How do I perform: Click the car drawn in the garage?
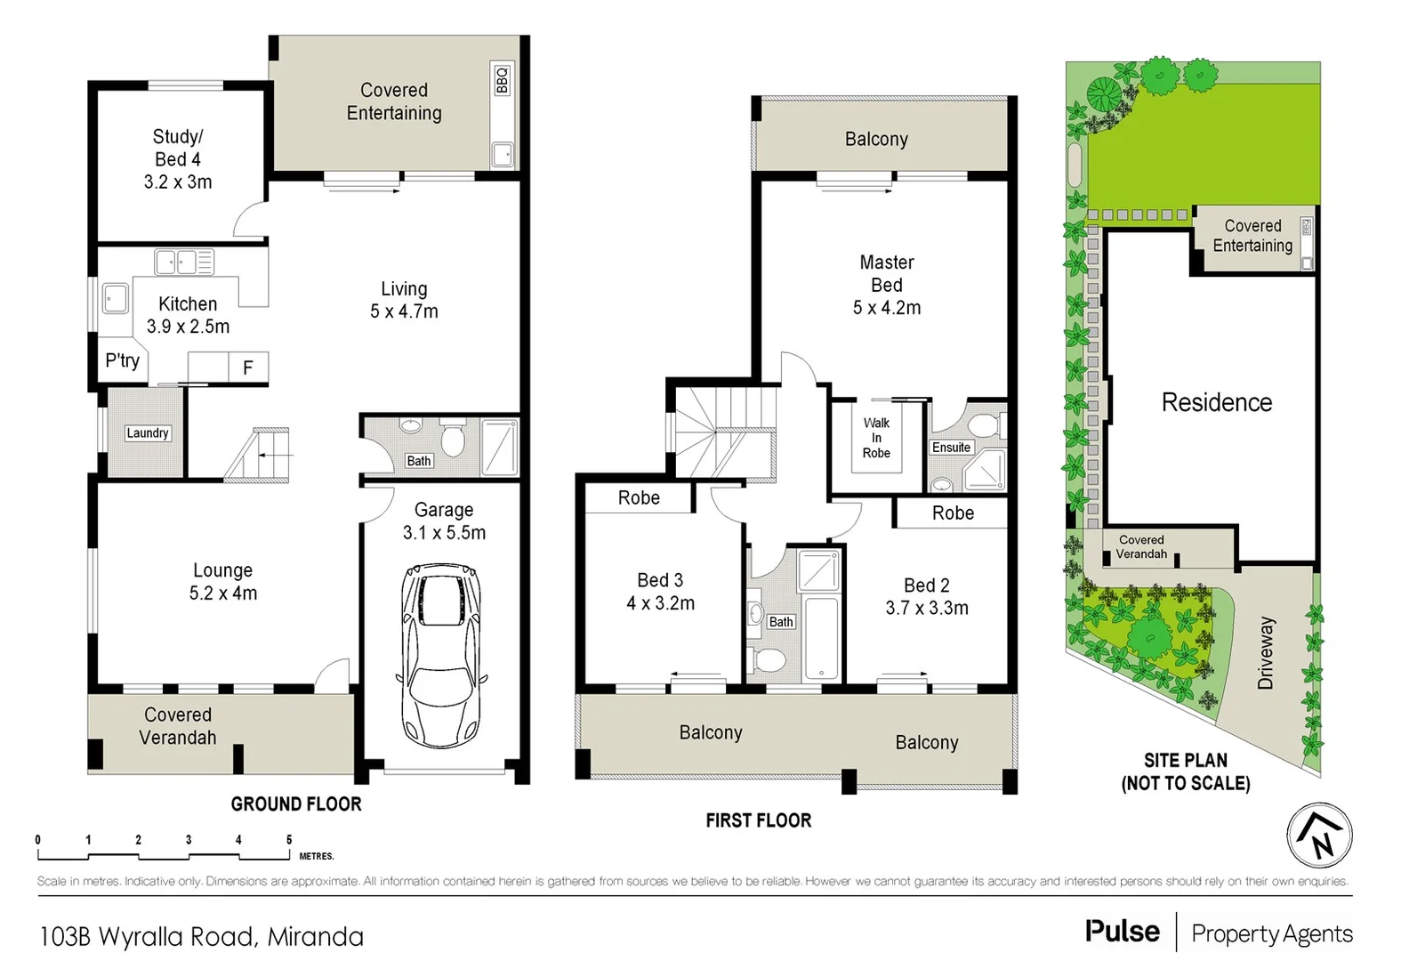click(442, 656)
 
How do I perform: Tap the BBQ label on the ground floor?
click(502, 80)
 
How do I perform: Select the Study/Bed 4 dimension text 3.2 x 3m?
click(178, 182)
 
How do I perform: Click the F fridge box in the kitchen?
click(248, 367)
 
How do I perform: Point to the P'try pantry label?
click(122, 360)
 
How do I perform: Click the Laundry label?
click(148, 433)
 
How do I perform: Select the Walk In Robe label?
click(876, 438)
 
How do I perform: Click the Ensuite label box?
click(951, 448)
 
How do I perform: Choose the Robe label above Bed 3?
click(639, 498)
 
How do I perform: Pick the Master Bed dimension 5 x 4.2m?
click(887, 308)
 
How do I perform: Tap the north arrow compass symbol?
click(1319, 836)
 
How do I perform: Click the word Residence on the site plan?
click(1216, 402)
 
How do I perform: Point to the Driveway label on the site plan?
click(1266, 652)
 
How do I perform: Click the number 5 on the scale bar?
click(289, 839)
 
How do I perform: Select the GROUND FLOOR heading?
click(296, 804)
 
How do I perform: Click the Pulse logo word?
click(1123, 932)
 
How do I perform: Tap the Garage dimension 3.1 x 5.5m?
click(444, 533)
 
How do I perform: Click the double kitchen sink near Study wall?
click(177, 262)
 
